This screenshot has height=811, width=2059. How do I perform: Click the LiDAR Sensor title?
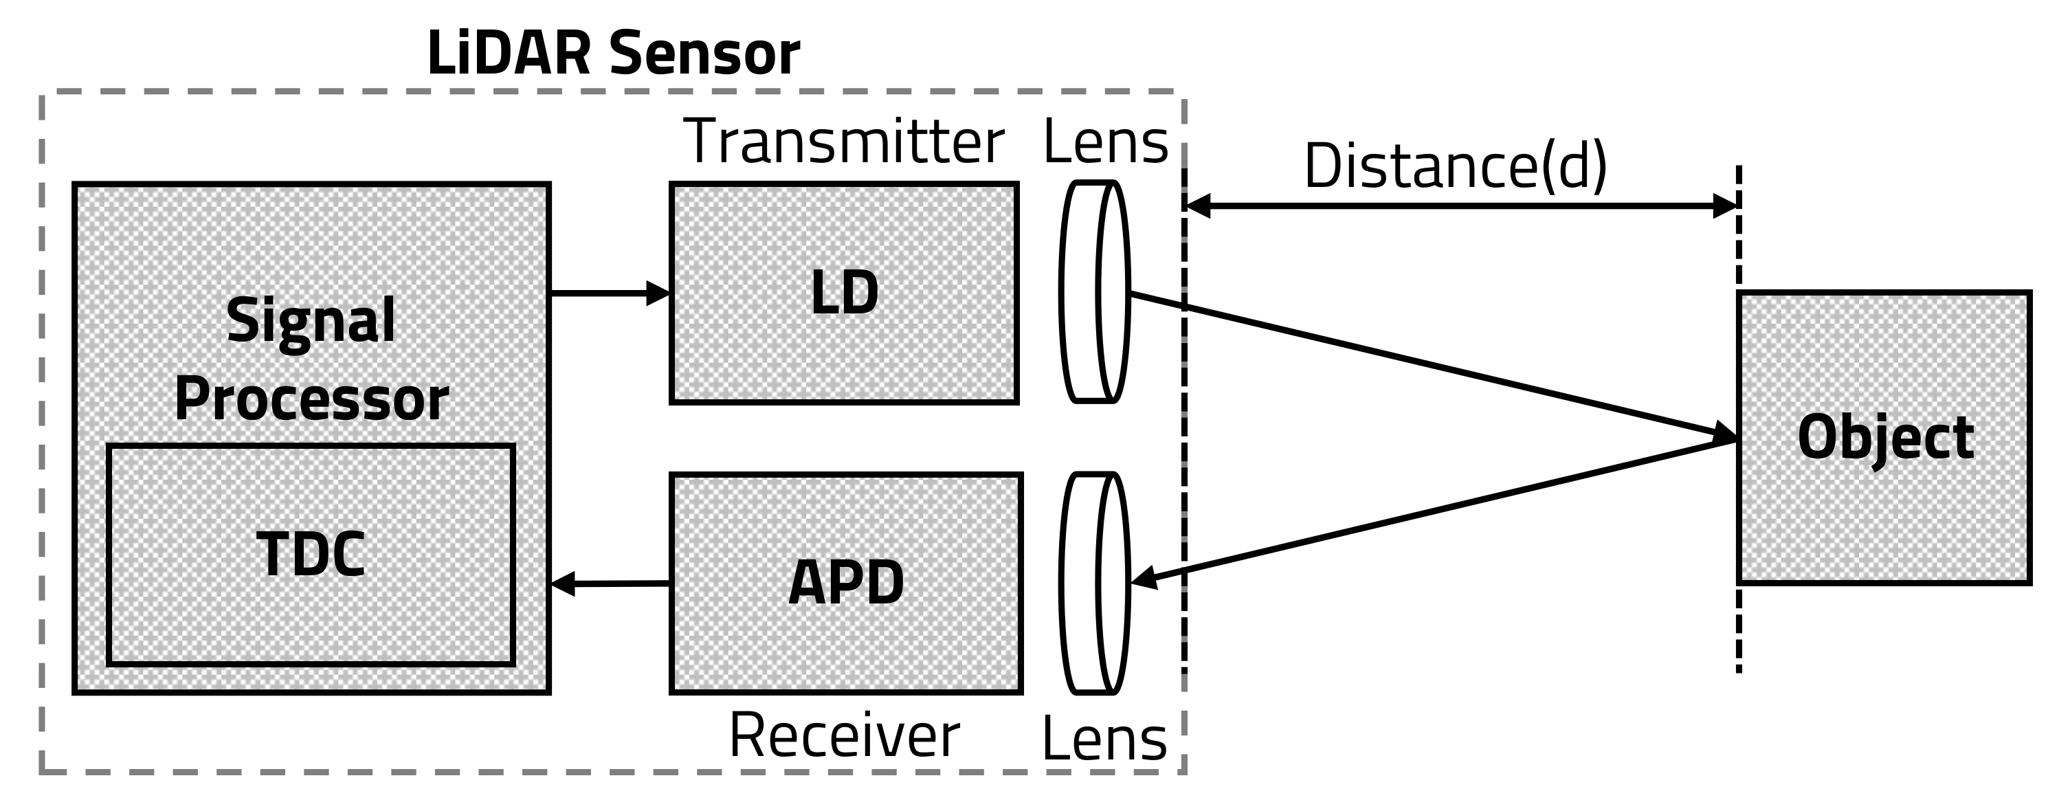(x=613, y=54)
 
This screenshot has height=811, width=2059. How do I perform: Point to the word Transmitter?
(x=844, y=142)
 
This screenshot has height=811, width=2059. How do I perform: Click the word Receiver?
(x=844, y=735)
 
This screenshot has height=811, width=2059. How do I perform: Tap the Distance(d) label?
(x=1455, y=166)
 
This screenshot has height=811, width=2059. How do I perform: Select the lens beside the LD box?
(x=1094, y=291)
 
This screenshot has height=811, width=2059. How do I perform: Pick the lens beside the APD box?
(x=1094, y=583)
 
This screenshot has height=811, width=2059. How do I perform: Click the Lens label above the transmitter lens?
(x=1105, y=142)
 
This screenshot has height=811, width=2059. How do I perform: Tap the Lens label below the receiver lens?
(x=1104, y=738)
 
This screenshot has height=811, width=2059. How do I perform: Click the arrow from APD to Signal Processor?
(x=611, y=584)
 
